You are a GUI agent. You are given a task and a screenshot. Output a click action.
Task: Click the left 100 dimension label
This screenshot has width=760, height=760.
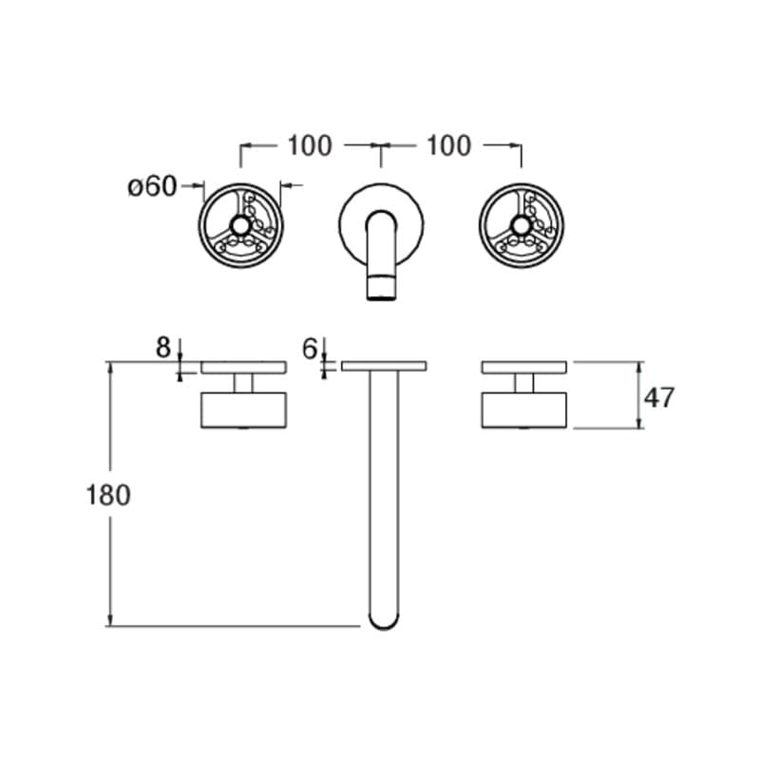pos(310,145)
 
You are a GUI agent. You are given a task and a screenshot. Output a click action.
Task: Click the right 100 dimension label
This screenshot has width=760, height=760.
pos(447,145)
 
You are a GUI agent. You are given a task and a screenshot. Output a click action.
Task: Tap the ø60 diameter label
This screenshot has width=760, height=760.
pos(152,186)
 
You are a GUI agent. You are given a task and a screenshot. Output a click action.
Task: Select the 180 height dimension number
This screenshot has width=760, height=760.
pos(107,495)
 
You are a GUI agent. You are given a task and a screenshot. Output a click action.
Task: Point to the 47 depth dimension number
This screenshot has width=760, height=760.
pos(659,397)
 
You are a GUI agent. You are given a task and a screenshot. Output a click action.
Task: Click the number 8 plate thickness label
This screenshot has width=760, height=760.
pos(163,349)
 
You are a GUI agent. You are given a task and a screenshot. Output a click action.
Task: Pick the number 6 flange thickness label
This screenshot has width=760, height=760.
pos(309,349)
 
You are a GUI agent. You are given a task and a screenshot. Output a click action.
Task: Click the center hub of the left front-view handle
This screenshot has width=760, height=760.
pos(240,224)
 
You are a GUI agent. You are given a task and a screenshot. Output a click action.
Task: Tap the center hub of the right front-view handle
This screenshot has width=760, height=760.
pos(521,224)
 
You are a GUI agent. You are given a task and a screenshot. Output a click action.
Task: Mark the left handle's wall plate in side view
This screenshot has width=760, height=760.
pos(243,367)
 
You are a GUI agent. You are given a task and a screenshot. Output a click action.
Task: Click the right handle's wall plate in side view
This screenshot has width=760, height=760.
pos(524,367)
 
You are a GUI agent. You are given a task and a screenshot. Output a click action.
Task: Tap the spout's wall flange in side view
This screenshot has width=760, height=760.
pos(383,366)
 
